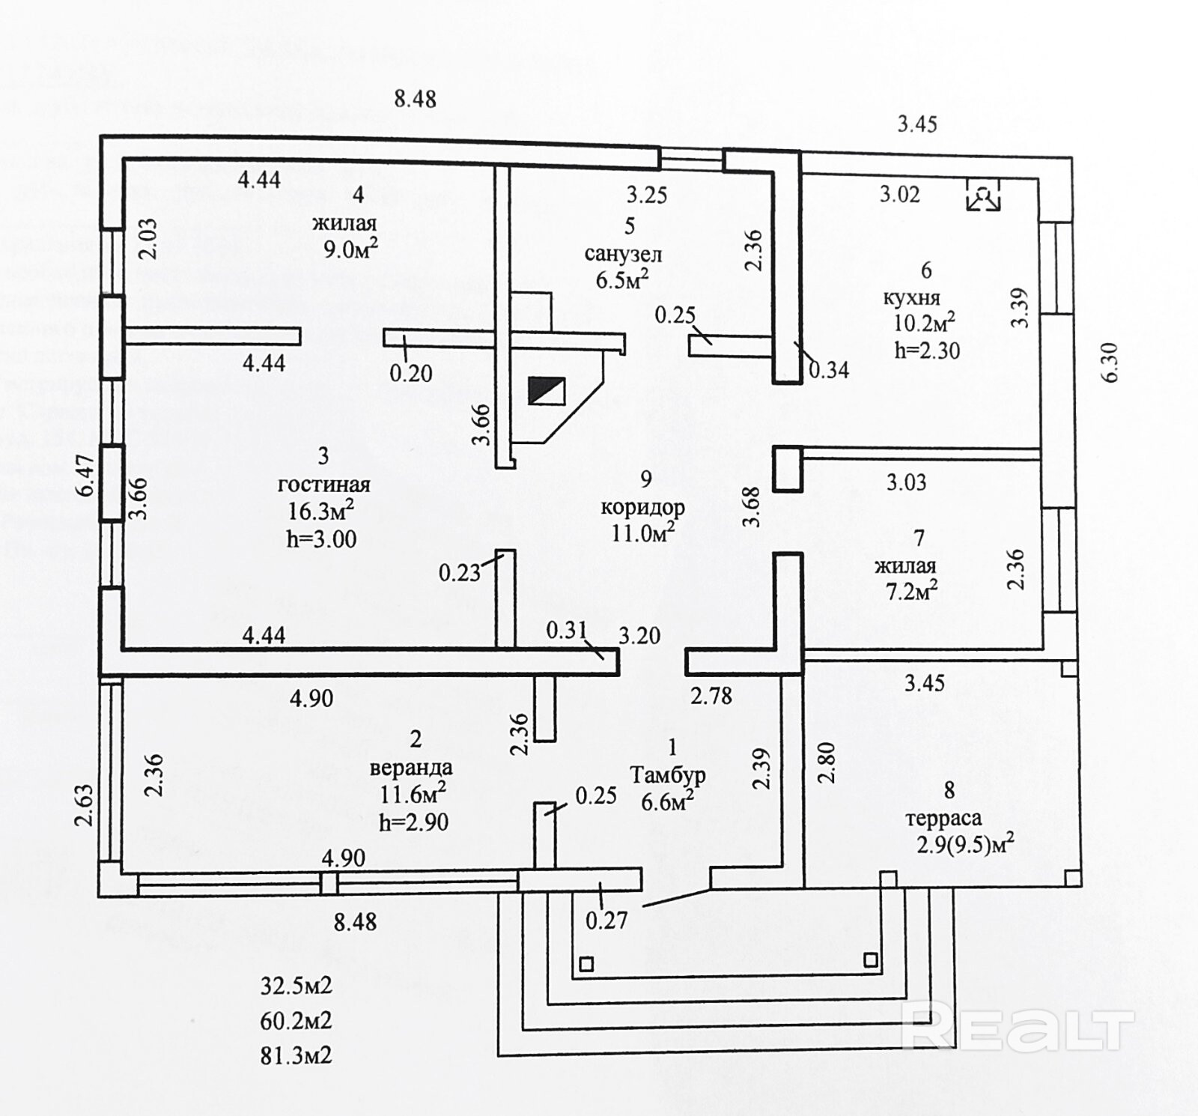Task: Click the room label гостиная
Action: (323, 485)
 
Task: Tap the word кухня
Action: (911, 297)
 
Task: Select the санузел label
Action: (623, 254)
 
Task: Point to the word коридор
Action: (642, 507)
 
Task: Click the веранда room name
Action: (411, 768)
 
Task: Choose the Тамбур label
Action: (668, 774)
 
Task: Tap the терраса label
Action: (943, 818)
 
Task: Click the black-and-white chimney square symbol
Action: (547, 391)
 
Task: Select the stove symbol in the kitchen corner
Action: (983, 195)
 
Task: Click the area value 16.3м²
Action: (320, 511)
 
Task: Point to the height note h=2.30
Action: (927, 350)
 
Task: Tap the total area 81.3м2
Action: (296, 1055)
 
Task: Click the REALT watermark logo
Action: (1018, 1029)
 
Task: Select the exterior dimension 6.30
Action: (1110, 363)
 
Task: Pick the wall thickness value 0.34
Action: (829, 369)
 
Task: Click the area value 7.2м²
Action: (911, 592)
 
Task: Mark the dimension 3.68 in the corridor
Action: (752, 507)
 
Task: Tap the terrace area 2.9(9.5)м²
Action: (965, 844)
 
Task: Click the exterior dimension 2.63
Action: (84, 804)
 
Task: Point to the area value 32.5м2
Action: (296, 986)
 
